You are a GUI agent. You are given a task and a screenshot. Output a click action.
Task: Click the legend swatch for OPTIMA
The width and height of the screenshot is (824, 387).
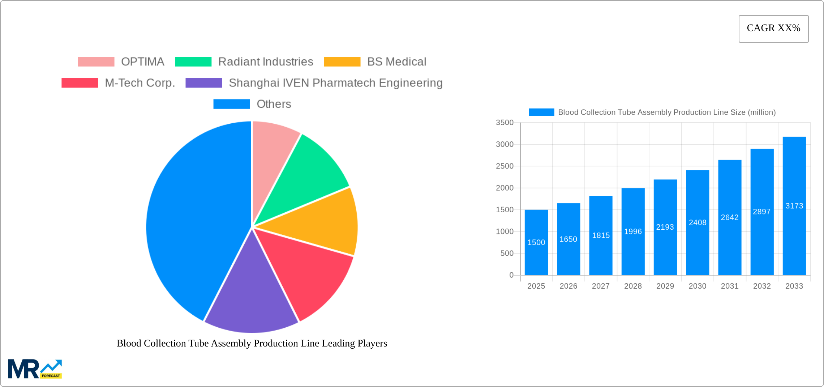[96, 62]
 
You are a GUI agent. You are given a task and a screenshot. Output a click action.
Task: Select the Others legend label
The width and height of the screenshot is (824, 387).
[274, 104]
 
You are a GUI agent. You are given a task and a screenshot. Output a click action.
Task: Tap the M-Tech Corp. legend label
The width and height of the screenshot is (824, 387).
[140, 83]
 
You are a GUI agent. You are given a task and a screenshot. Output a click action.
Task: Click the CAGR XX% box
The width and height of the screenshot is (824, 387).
[773, 29]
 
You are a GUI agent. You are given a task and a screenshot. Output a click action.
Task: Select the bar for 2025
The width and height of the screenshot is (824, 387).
[536, 242]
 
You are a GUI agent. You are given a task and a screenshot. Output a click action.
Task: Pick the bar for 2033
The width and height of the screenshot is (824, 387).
[794, 206]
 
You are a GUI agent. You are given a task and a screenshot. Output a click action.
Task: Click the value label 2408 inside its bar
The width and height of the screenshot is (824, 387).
[698, 222]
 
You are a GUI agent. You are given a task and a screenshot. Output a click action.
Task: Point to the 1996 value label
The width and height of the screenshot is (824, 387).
[633, 231]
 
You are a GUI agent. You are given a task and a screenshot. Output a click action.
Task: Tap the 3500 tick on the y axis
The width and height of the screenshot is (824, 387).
[505, 123]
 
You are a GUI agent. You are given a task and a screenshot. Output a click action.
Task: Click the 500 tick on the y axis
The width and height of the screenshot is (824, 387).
[507, 253]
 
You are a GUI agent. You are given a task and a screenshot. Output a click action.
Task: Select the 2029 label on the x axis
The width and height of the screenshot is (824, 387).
[665, 286]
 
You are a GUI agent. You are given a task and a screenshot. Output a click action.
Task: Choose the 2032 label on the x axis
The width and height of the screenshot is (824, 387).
[762, 286]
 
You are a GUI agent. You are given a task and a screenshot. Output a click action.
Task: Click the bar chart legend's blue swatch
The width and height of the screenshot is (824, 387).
[541, 112]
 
